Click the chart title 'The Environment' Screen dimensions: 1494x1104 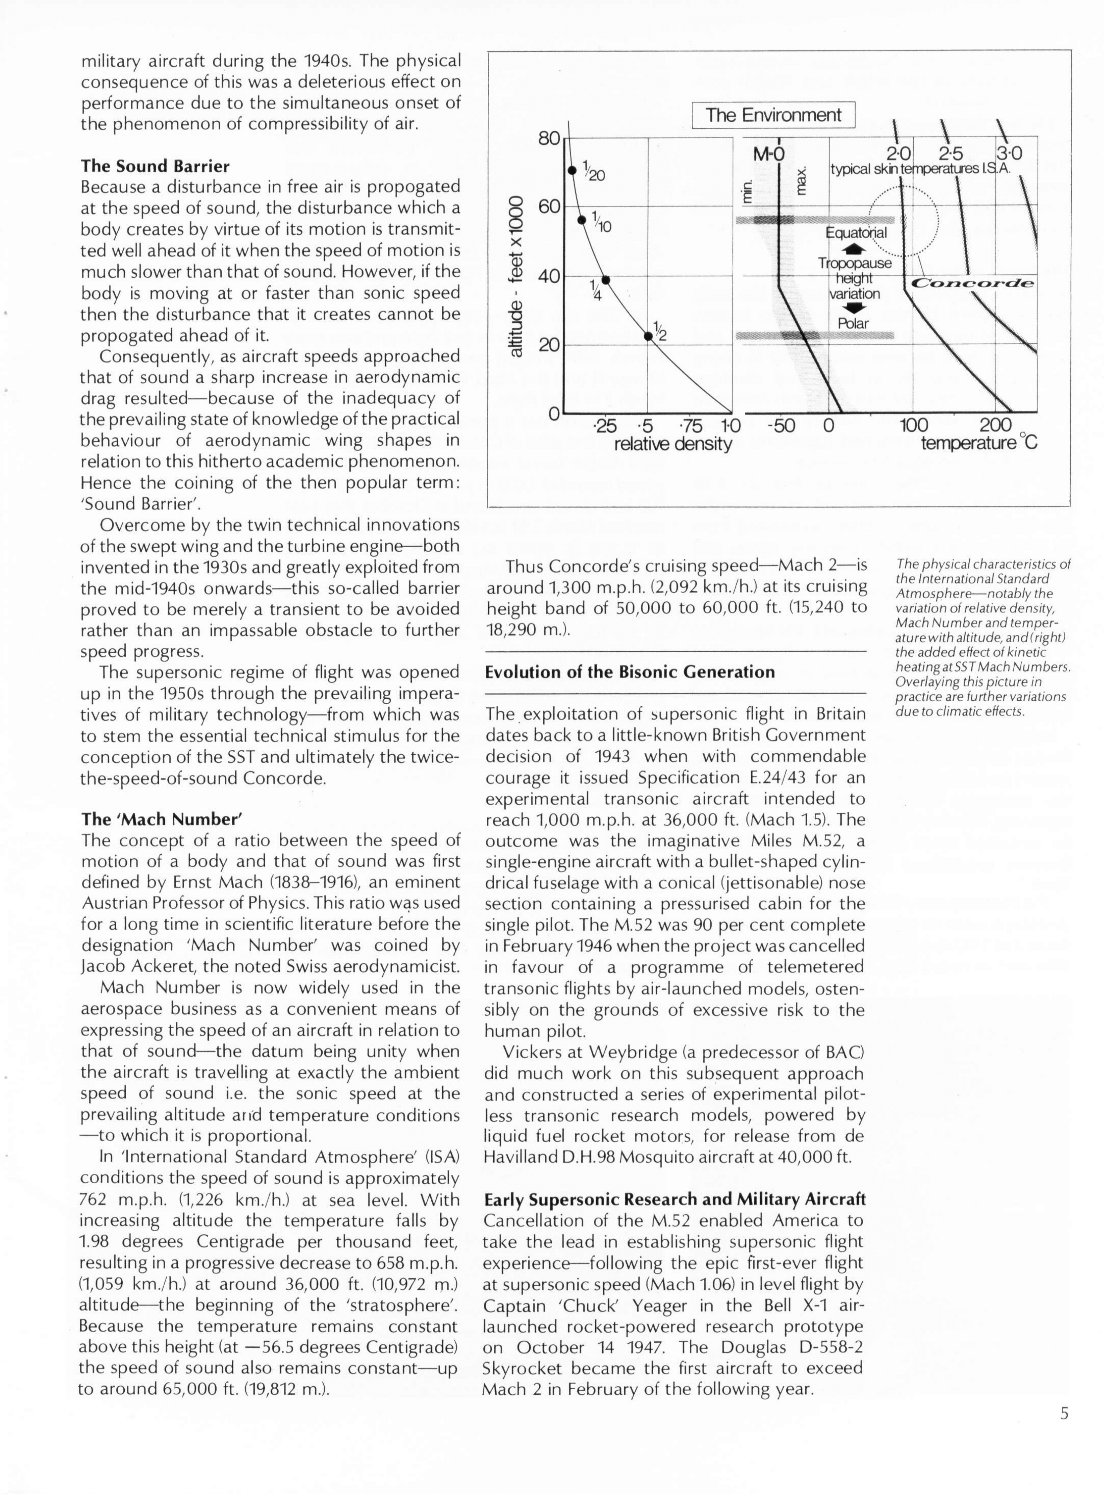click(x=773, y=115)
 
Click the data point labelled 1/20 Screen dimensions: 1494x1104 click(x=571, y=170)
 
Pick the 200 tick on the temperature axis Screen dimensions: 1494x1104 click(x=996, y=426)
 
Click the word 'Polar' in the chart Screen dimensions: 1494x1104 click(x=853, y=323)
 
